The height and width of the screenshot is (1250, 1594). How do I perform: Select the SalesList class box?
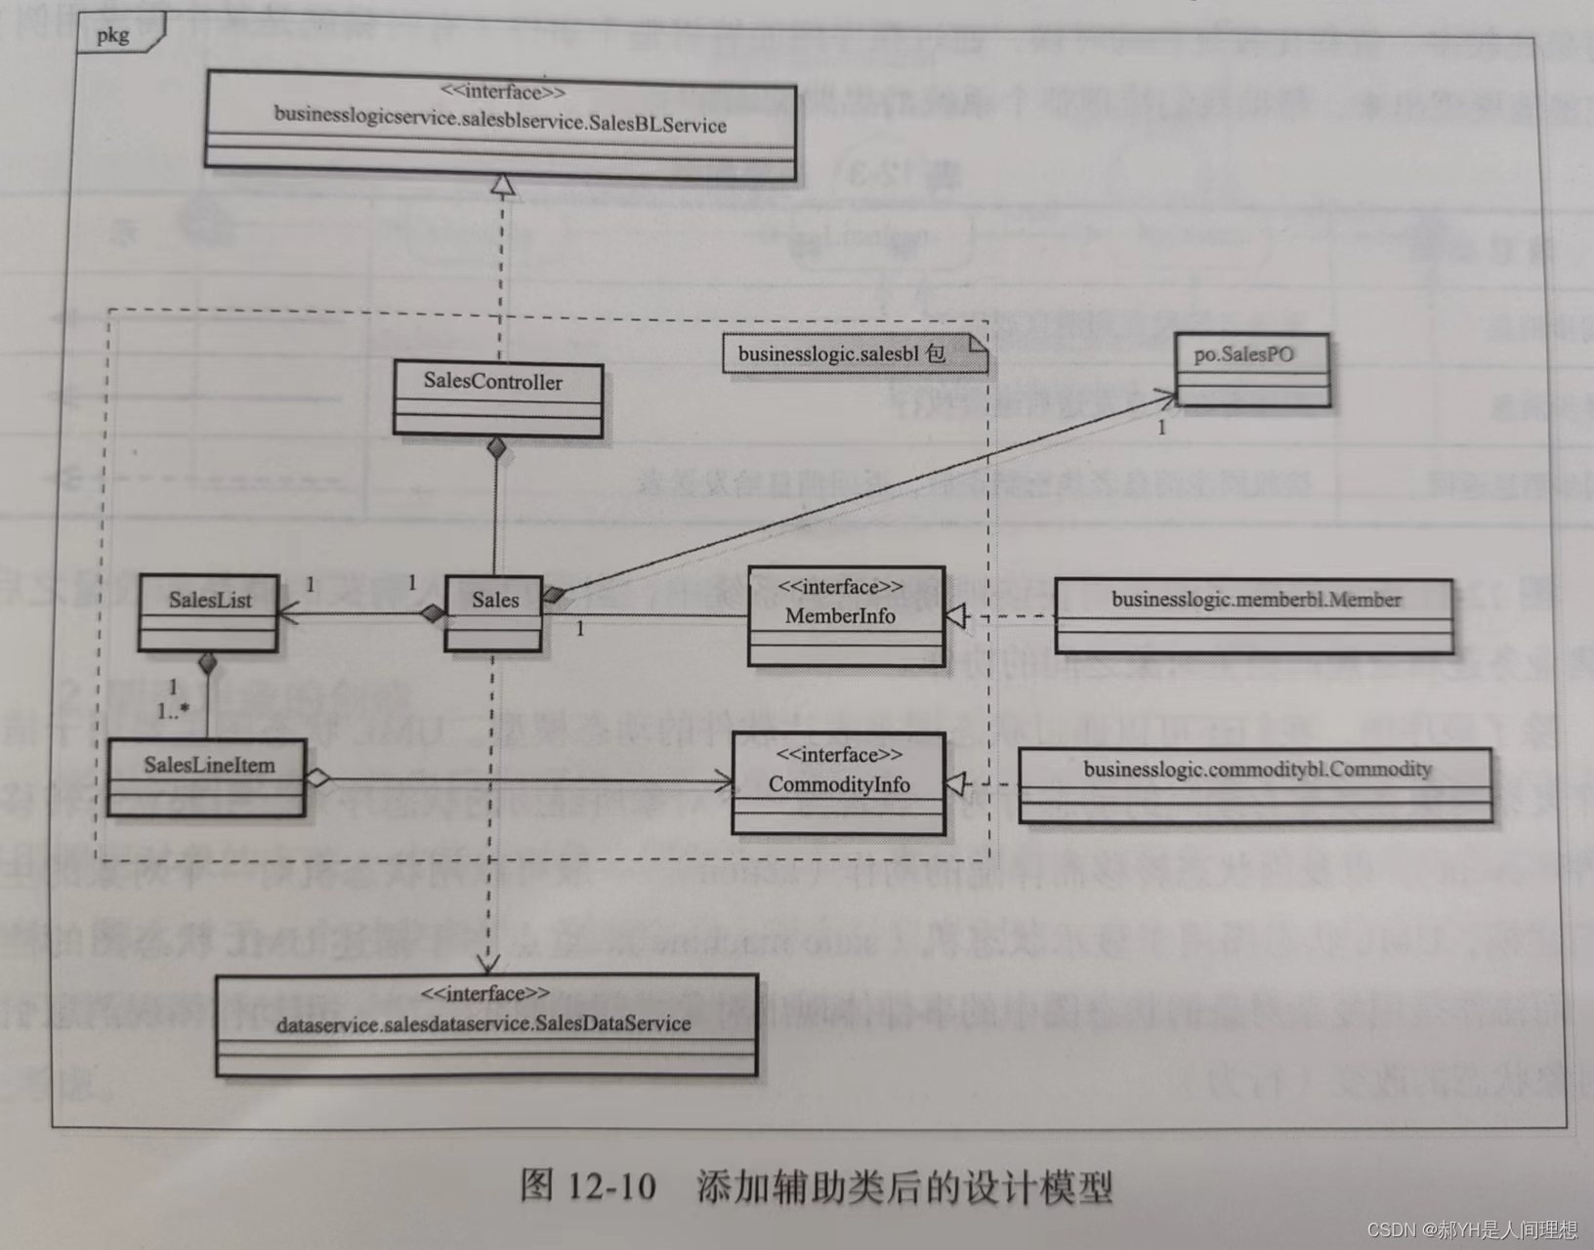click(x=208, y=612)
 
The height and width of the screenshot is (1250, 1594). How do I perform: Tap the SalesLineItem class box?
click(x=207, y=777)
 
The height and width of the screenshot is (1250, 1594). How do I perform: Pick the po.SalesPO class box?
click(x=1251, y=370)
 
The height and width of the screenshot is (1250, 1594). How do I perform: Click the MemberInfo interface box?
click(x=846, y=616)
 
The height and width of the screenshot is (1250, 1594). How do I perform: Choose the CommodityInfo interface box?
click(x=839, y=784)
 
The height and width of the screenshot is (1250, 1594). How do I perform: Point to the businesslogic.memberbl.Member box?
click(x=1253, y=614)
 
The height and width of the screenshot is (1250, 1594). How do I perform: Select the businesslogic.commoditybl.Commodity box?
click(x=1255, y=784)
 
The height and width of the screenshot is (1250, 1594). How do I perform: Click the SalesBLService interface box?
click(x=501, y=125)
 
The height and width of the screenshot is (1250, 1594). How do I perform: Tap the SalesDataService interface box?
click(x=485, y=1024)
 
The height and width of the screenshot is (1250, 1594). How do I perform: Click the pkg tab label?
click(x=113, y=35)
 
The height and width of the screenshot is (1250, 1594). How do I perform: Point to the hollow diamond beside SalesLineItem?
click(x=318, y=779)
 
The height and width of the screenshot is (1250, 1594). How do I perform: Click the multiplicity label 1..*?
click(x=174, y=711)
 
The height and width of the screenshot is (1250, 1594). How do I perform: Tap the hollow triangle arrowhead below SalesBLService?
click(x=502, y=185)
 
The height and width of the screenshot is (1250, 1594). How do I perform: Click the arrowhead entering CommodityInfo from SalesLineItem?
click(x=724, y=781)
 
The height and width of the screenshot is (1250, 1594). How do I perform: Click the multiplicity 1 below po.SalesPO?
click(x=1162, y=428)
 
